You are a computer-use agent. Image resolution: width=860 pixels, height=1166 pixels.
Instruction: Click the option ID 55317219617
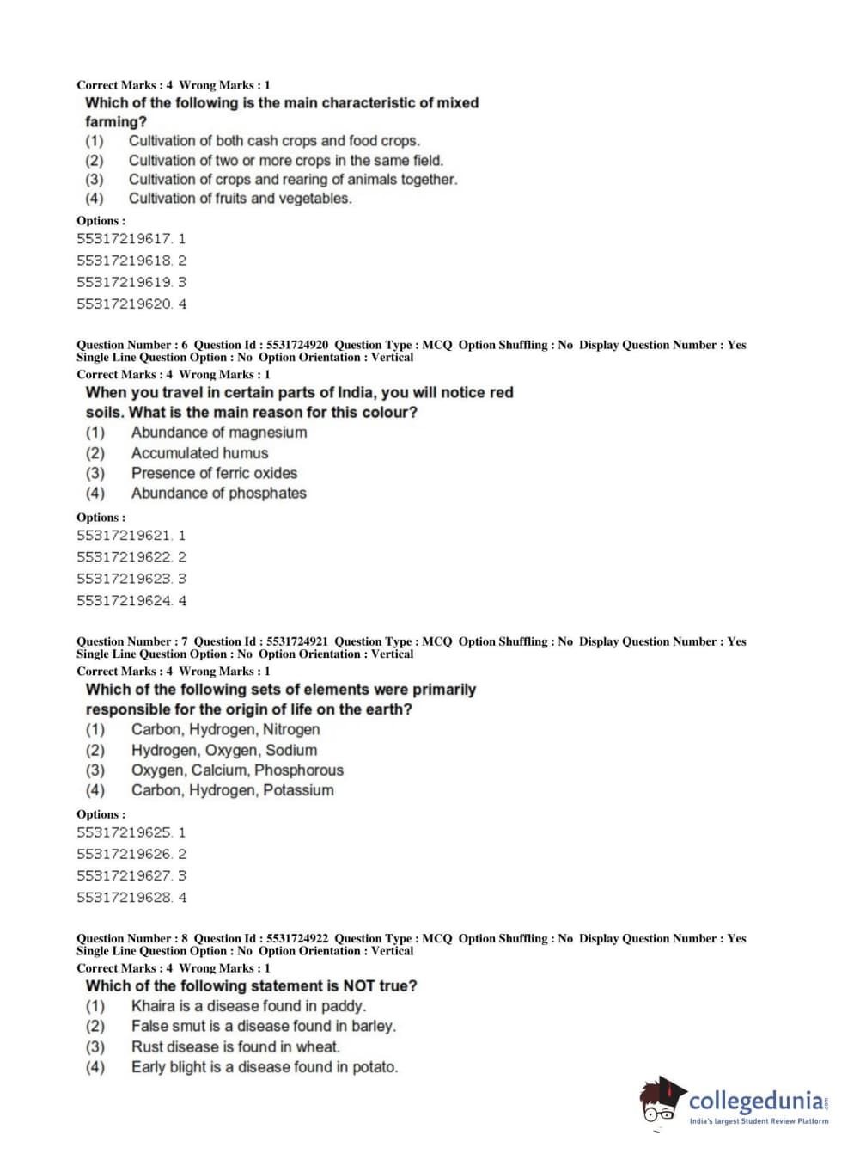[131, 239]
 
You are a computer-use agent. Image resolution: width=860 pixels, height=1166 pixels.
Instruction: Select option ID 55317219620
[131, 304]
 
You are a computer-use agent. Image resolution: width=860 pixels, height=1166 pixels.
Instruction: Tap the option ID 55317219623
[131, 580]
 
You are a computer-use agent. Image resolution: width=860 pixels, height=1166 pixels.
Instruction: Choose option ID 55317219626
[131, 855]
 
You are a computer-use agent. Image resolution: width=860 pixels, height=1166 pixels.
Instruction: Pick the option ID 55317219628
[131, 898]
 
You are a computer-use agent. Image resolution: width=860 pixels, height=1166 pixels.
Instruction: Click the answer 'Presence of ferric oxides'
[214, 473]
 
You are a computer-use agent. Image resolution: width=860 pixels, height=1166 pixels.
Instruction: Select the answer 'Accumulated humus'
[199, 453]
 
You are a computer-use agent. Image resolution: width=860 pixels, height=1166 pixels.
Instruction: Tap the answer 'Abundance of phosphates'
[218, 494]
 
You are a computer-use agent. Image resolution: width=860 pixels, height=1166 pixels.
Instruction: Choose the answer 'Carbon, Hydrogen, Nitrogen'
[225, 730]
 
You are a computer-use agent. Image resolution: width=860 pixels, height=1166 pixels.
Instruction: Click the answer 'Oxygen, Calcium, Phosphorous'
[237, 770]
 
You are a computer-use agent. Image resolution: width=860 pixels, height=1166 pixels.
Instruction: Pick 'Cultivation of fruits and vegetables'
[240, 199]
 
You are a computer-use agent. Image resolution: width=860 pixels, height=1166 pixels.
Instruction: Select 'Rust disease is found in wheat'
[235, 1047]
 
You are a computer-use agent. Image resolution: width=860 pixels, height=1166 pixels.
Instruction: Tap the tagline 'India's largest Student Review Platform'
[759, 1121]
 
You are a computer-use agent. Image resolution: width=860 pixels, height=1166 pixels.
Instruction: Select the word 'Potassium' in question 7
[298, 790]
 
